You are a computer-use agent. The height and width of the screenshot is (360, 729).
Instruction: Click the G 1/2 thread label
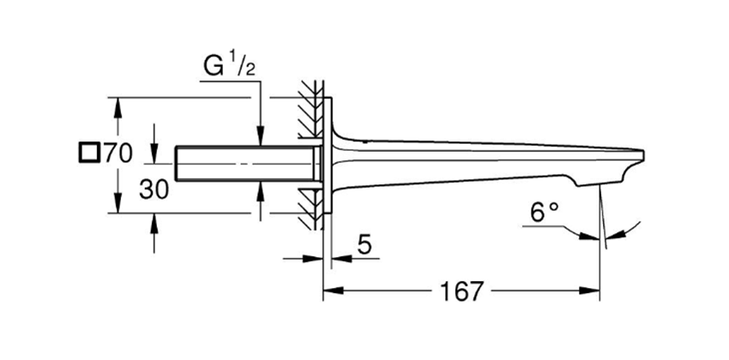[229, 67]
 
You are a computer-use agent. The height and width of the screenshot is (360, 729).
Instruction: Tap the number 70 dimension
[117, 153]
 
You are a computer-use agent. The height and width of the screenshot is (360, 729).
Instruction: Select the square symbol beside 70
[89, 153]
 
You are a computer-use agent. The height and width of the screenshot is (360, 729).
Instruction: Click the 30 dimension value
[154, 189]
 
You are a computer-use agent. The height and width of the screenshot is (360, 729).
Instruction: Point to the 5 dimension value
[364, 244]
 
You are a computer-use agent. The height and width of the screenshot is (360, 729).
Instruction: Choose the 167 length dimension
[461, 291]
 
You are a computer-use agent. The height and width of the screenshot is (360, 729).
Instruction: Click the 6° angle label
[545, 213]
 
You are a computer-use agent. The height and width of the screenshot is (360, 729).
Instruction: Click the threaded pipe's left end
[177, 164]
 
